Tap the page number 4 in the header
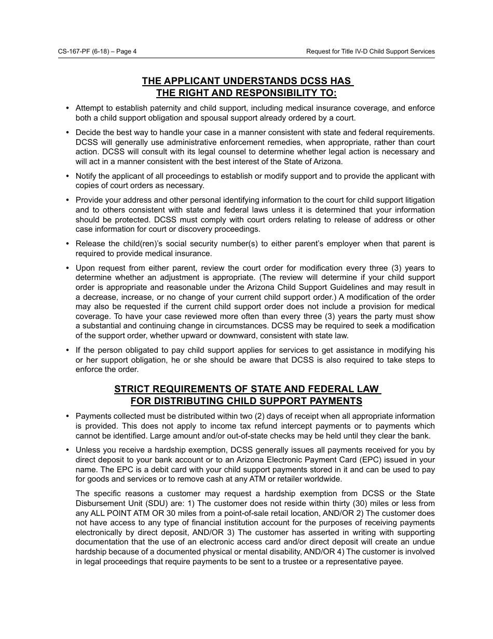(134, 51)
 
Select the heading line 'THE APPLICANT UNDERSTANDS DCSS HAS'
(246, 81)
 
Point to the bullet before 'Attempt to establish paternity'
(67, 108)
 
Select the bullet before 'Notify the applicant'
(67, 176)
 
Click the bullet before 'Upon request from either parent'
(67, 268)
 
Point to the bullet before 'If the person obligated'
(67, 350)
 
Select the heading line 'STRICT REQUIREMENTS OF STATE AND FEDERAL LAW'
(247, 389)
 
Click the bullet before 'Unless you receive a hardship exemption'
(67, 450)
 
